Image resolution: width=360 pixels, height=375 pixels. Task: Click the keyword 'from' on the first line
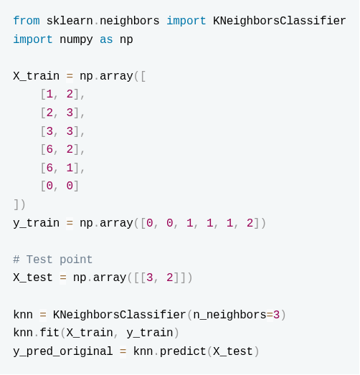(27, 21)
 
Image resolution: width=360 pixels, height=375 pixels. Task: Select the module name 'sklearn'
(70, 21)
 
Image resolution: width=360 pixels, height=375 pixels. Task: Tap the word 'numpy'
(76, 39)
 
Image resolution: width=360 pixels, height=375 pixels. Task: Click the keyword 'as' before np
(106, 39)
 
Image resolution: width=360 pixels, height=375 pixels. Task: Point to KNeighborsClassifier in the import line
(280, 21)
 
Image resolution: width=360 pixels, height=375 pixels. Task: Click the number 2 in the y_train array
(250, 223)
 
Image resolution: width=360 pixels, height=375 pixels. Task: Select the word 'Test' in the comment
(39, 260)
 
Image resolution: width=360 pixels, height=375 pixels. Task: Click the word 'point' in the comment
(76, 260)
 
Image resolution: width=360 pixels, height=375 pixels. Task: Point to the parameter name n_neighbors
(230, 315)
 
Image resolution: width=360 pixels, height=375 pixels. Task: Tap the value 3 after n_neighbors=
(276, 315)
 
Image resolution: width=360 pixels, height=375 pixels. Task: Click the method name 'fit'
(49, 333)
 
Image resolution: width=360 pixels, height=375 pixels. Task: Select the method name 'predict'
(183, 351)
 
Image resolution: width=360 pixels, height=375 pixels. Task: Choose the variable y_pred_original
(63, 351)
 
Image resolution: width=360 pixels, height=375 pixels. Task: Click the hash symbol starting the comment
(16, 260)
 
